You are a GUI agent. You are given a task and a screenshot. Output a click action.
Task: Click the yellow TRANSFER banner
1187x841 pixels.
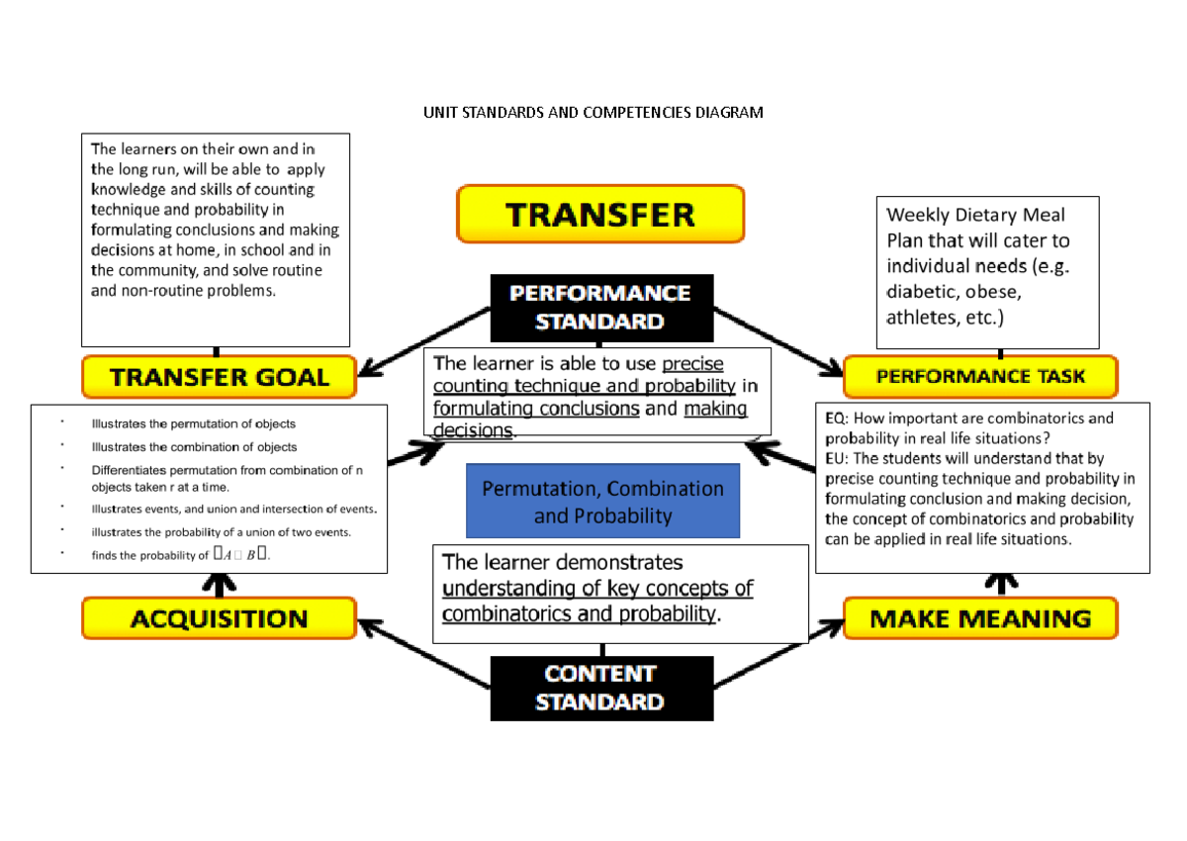click(x=599, y=214)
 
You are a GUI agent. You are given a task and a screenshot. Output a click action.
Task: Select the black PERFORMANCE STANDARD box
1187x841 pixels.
click(x=601, y=308)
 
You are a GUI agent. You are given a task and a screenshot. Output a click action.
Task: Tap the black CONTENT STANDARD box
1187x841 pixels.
click(x=601, y=689)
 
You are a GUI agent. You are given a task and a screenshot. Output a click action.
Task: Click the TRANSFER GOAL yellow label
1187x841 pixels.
click(x=219, y=377)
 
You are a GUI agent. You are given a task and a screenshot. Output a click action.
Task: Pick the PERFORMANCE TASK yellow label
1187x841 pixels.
click(x=979, y=377)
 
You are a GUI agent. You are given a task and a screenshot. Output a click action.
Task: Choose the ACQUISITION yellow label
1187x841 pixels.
click(x=219, y=619)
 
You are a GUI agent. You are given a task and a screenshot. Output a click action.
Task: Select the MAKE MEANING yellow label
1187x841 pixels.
click(x=979, y=619)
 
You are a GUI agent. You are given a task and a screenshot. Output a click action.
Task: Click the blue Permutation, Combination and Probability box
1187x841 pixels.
click(x=602, y=502)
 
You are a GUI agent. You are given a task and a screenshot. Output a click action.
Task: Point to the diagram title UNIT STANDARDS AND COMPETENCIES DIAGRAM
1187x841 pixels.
click(x=593, y=113)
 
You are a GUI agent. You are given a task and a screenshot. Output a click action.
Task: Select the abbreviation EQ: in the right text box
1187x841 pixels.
click(x=836, y=419)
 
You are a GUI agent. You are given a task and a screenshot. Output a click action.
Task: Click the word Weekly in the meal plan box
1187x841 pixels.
click(x=916, y=215)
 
